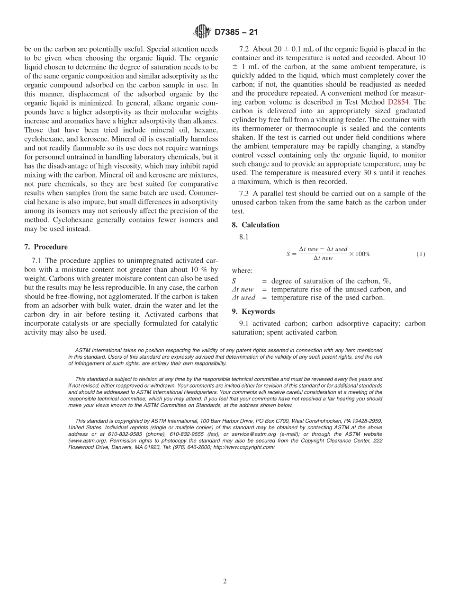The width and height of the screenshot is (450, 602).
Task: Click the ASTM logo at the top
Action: tap(202, 32)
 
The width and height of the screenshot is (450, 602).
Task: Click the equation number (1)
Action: tap(421, 254)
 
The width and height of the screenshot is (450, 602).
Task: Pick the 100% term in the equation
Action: tap(362, 254)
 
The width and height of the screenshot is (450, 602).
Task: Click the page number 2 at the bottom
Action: tap(225, 582)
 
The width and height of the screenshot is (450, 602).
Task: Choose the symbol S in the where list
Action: tap(234, 281)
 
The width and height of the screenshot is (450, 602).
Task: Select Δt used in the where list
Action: tap(243, 298)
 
